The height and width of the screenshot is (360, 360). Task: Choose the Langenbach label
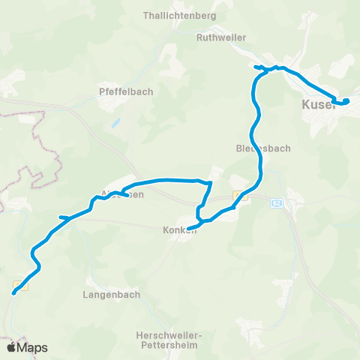coord(111,295)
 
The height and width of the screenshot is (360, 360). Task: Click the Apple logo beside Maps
coord(11,347)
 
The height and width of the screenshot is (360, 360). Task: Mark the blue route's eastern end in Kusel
coord(346,101)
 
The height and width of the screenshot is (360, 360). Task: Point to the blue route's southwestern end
coord(14,292)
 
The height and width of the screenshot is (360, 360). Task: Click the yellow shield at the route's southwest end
coord(23,285)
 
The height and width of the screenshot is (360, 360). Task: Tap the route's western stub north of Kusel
coord(256,67)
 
